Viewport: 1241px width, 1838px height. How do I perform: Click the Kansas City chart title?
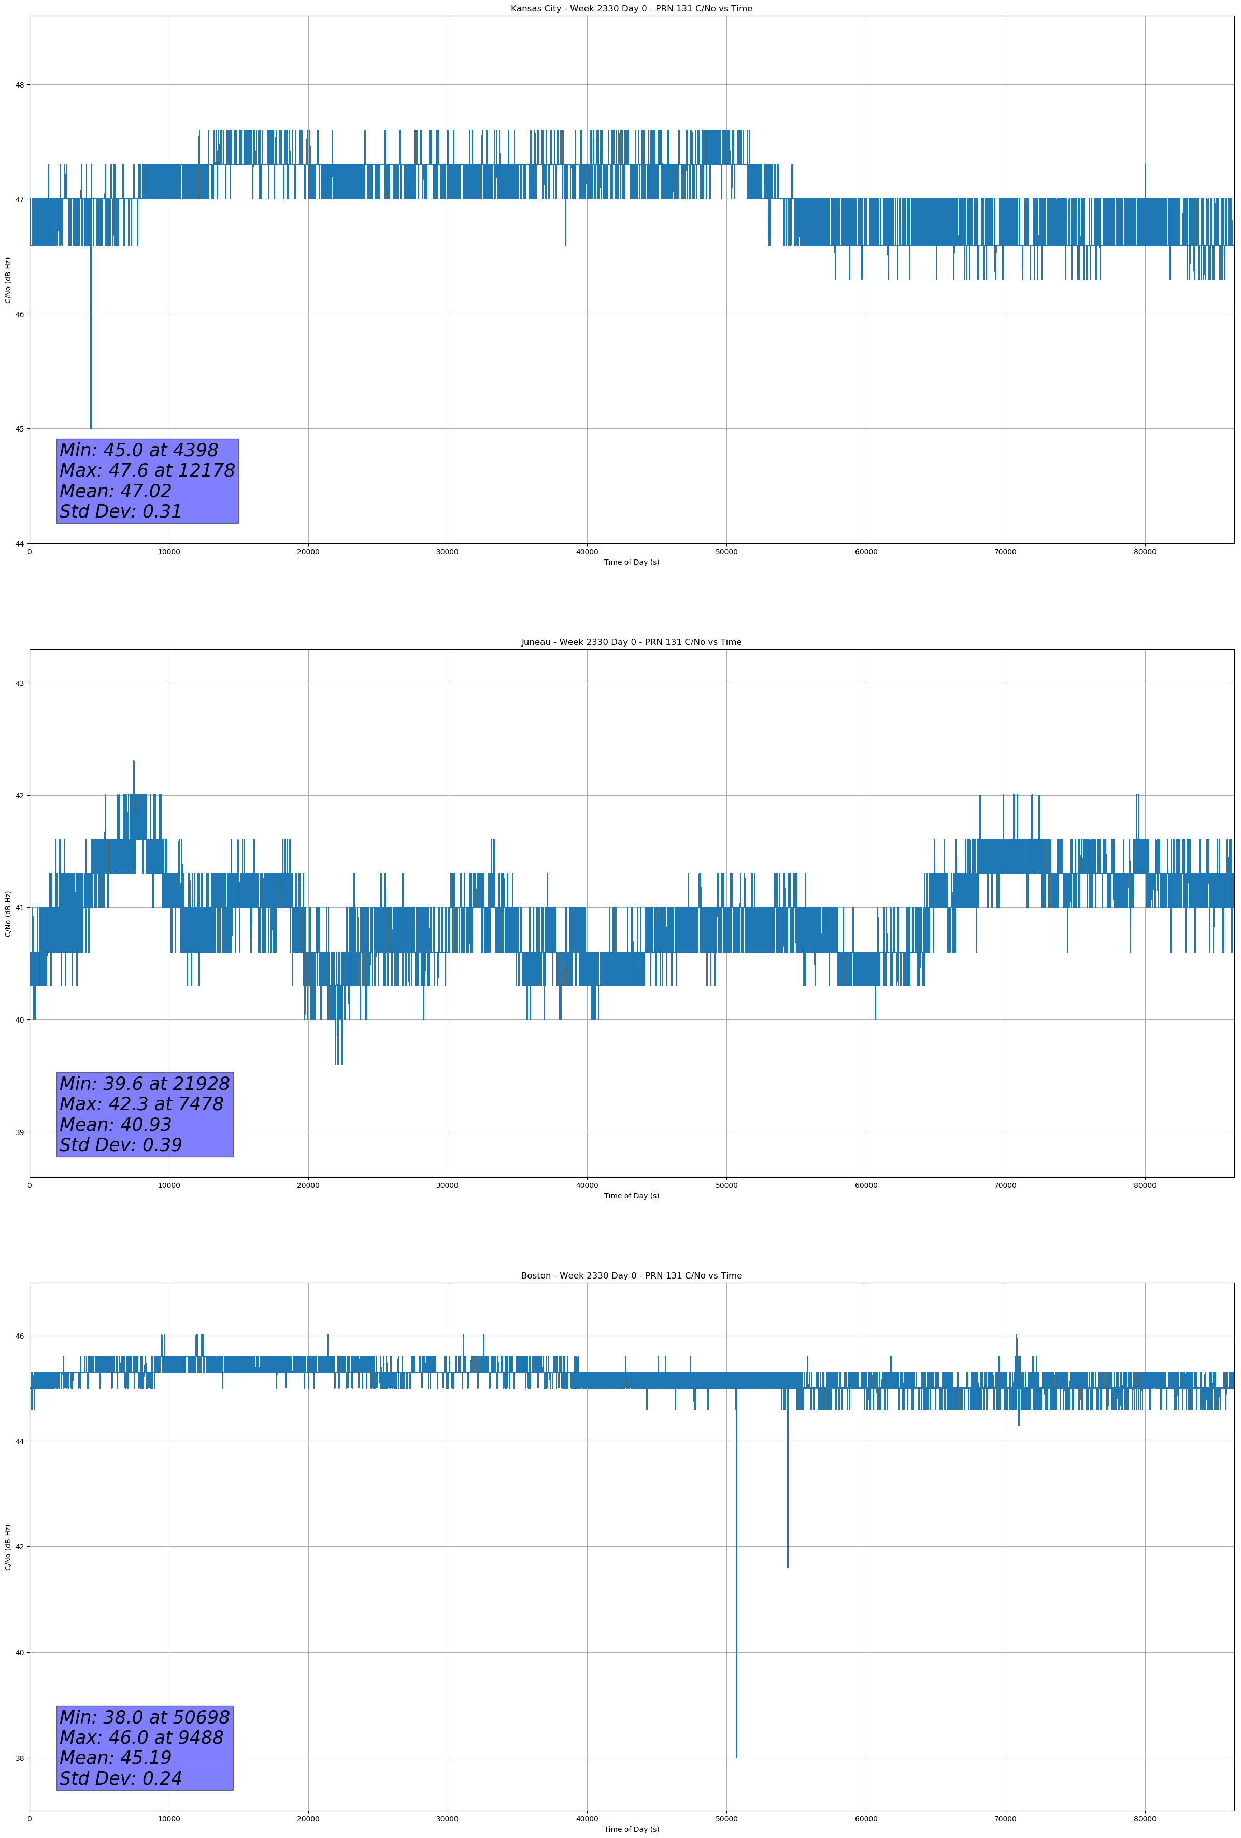(631, 9)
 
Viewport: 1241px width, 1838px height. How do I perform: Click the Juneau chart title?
(631, 642)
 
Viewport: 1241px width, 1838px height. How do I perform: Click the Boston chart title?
(631, 1276)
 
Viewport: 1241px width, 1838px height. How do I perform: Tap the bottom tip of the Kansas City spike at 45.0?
(91, 428)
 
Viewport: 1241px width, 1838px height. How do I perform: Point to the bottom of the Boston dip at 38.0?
(736, 1757)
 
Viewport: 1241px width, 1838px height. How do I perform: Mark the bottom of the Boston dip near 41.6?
(788, 1567)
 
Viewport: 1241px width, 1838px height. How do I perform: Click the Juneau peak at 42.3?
(134, 762)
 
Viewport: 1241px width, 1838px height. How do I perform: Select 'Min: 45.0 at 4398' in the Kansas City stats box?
(139, 450)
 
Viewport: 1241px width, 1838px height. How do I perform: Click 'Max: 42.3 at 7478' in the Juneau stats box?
(141, 1104)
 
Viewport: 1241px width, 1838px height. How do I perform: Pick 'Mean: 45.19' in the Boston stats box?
(116, 1758)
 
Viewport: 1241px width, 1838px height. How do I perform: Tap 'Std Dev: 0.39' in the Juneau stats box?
(121, 1145)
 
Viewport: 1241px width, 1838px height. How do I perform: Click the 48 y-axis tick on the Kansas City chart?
(19, 84)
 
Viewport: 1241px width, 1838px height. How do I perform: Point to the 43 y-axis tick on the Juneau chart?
(19, 683)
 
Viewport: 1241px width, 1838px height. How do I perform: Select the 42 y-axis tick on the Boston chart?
(19, 1547)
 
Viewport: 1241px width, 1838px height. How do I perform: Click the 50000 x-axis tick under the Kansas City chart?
(726, 552)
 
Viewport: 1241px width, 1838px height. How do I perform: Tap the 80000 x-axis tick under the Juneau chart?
(1145, 1185)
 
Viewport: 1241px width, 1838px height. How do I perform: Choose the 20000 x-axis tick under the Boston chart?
(308, 1819)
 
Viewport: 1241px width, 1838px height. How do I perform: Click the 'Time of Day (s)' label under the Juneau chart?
(631, 1196)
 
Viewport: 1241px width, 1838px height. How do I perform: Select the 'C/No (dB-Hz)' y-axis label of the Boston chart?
(8, 1547)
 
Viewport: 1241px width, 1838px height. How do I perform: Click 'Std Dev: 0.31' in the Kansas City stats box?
(121, 512)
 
